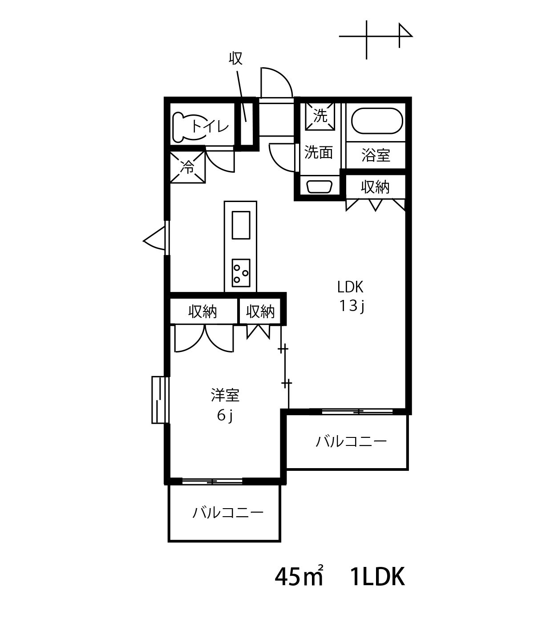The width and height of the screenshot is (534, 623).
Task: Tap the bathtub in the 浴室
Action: coord(377,121)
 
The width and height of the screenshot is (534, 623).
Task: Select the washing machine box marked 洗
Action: coord(320,116)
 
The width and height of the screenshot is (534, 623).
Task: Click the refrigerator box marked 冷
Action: coord(188,167)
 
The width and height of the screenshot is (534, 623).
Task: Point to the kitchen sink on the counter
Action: coord(241,225)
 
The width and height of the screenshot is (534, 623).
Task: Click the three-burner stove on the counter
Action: coord(241,273)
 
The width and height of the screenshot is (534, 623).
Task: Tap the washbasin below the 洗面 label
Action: coord(320,187)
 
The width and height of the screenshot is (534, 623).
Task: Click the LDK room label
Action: coord(350,287)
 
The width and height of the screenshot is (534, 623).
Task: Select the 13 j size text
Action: coord(352,306)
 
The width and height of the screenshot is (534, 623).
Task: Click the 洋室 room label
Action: coord(225,396)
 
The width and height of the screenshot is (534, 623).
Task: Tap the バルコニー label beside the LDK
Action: coord(351,442)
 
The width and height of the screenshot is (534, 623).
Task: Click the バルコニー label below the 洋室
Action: coord(227,513)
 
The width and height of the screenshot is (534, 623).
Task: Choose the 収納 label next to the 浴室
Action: coord(375,187)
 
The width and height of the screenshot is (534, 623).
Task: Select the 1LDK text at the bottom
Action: coord(378,577)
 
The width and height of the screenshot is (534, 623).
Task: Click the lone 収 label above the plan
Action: coord(236,58)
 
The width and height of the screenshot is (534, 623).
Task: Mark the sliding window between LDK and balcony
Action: coord(357,412)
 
